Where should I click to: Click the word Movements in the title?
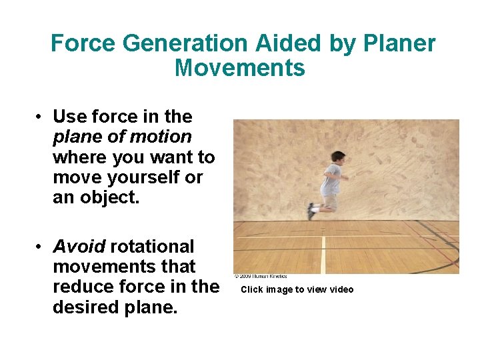coord(240,68)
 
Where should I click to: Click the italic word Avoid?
coord(79,247)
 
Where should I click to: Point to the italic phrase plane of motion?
coord(122,137)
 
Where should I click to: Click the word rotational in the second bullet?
coord(152,247)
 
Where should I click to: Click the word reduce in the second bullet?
coord(84,287)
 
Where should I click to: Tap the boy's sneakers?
coord(311,211)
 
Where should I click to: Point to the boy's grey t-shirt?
coord(332,180)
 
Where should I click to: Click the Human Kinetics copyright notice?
coord(261,276)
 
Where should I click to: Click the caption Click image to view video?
coord(297,289)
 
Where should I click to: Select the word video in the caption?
coord(341,289)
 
